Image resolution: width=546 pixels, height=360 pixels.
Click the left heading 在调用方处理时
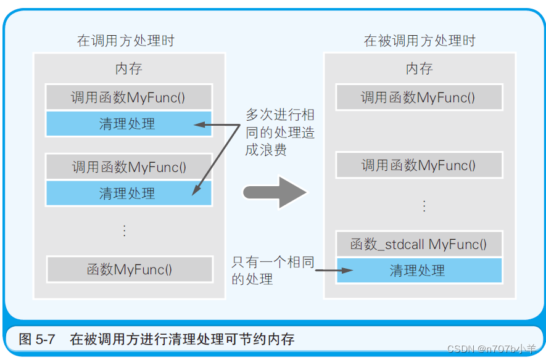(125, 41)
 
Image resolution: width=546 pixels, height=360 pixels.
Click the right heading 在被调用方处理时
(420, 41)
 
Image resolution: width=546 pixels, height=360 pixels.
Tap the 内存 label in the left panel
(128, 68)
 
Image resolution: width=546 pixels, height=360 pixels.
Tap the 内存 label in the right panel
(420, 68)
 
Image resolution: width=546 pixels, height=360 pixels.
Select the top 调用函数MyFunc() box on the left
(128, 97)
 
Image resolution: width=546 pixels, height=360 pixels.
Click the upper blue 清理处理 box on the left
(128, 124)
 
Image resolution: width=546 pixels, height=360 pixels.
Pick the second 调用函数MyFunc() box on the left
(128, 166)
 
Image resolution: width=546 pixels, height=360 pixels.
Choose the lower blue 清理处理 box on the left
(128, 194)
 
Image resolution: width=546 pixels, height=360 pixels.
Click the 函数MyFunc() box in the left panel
(128, 269)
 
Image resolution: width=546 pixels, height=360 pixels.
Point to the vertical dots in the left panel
(124, 231)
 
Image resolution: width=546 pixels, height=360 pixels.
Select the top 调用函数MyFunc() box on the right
(419, 97)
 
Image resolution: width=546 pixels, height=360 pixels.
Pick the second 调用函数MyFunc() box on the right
(419, 165)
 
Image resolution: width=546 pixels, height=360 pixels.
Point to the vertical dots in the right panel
(424, 205)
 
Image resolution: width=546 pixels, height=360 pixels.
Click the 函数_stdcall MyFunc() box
(419, 244)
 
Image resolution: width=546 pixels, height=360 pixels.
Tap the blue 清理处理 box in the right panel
(419, 271)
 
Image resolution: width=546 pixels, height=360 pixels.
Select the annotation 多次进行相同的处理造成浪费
(279, 133)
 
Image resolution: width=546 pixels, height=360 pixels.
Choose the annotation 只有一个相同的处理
(272, 271)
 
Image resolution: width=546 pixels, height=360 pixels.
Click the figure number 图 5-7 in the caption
(38, 339)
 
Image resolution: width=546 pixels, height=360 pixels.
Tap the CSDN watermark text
(491, 350)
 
